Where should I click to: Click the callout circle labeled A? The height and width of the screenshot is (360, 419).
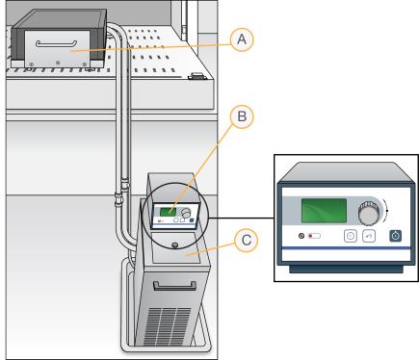[x=242, y=39]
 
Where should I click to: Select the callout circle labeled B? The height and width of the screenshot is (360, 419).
[x=242, y=116]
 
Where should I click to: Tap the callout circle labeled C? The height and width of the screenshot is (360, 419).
[x=246, y=240]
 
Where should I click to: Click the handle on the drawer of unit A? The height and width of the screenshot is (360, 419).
[x=56, y=44]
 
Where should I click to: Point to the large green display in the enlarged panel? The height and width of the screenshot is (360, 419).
[x=324, y=211]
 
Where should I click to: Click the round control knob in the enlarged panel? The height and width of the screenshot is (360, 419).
[x=369, y=213]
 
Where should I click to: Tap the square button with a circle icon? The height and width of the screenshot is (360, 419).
[x=351, y=236]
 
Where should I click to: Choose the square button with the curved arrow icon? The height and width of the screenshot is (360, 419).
[x=369, y=236]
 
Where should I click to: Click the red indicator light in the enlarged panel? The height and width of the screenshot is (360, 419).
[x=310, y=236]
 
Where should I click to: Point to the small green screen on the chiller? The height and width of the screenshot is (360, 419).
[x=168, y=212]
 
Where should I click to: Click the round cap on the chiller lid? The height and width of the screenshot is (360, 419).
[x=175, y=245]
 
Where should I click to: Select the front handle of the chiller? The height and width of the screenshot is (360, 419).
[x=175, y=286]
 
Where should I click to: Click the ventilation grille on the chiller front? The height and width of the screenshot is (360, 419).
[x=167, y=325]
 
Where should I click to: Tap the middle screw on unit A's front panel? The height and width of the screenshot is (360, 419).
[x=58, y=63]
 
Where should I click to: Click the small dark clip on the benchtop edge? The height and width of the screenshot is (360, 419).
[x=196, y=76]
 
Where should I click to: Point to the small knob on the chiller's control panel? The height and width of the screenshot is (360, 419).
[x=186, y=213]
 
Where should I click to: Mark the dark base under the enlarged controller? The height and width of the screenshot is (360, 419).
[x=346, y=269]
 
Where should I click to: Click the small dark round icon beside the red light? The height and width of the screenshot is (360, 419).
[x=301, y=236]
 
